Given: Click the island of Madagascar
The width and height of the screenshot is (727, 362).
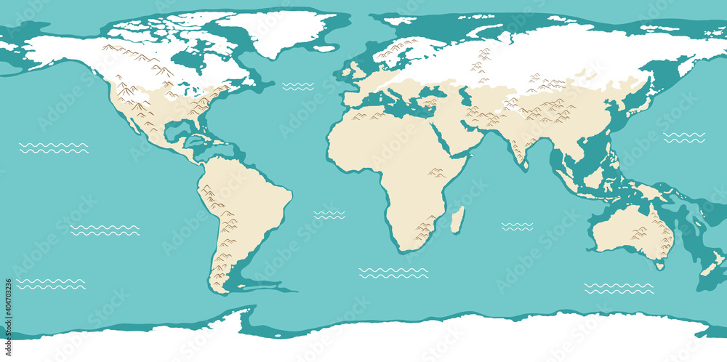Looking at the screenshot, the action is point(457,220).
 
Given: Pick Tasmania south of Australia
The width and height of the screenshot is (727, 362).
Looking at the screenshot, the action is point(659,266).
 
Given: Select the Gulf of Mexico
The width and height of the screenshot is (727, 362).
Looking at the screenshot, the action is point(177,132).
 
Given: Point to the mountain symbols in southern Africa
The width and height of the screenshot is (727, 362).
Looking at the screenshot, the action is point(423,232).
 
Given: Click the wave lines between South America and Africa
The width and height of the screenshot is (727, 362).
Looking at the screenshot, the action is point(329,215).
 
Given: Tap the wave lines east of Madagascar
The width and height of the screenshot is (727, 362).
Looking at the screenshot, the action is point(517,227).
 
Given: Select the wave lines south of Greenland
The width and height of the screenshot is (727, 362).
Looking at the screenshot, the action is point(298,87).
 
